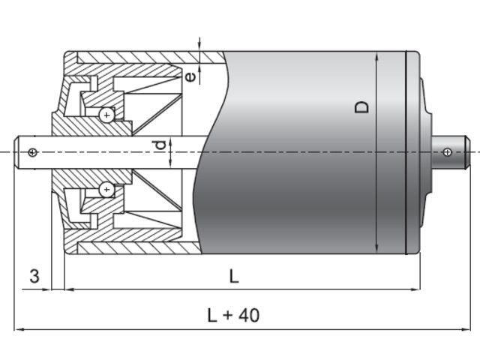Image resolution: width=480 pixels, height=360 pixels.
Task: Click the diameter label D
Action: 363,107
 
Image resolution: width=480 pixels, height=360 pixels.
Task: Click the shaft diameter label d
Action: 159,145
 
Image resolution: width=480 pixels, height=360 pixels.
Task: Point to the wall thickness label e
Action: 191,76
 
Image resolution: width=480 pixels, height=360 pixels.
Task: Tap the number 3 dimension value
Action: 34,276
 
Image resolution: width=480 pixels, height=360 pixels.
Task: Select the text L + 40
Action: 233,315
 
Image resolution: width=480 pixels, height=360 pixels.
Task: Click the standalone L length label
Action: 234,276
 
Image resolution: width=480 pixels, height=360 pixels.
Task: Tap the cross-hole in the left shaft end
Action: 31,152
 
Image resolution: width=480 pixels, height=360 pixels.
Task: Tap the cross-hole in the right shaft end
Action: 447,152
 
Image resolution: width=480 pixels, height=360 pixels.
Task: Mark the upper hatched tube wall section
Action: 135,58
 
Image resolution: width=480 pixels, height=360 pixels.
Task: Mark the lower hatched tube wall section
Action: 135,248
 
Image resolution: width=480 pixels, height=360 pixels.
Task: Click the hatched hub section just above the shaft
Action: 75,127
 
